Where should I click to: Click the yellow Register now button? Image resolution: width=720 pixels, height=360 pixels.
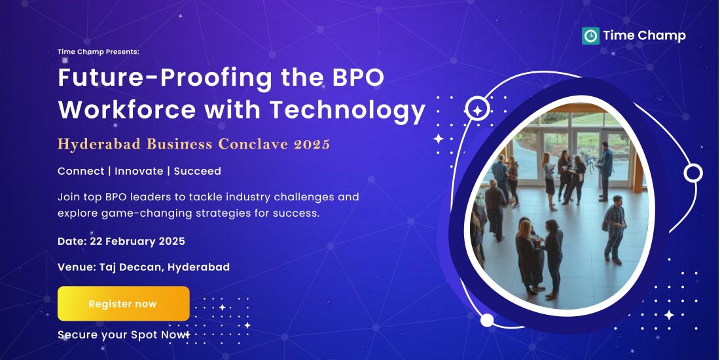tap(123, 304)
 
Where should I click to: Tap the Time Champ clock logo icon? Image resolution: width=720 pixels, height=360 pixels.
tap(590, 36)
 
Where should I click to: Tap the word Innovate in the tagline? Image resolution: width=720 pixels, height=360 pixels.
tap(140, 171)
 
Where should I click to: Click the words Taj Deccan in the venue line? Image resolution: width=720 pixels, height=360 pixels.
tap(130, 267)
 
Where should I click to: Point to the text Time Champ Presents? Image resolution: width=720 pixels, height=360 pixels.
tap(98, 51)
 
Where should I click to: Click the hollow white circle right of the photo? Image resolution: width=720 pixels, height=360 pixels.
tap(693, 173)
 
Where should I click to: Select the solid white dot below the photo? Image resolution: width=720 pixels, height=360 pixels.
tap(487, 320)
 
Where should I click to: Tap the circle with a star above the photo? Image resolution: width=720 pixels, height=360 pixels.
tap(478, 109)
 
